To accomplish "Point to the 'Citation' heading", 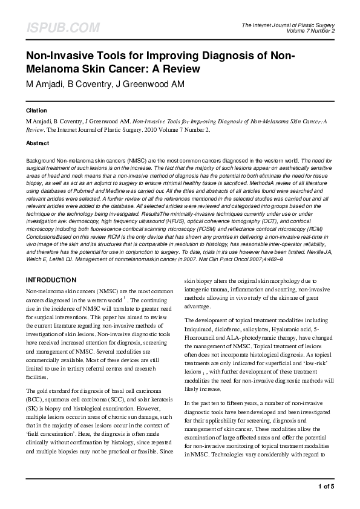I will point(36,112).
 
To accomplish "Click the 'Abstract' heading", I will point(38,143).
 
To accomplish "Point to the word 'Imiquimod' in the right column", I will point(200,328).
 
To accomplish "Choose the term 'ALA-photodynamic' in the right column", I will point(249,336).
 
